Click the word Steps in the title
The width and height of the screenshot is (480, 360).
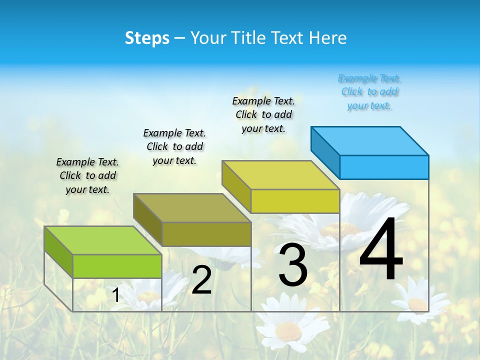tap(147, 38)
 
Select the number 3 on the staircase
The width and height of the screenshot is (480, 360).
tap(293, 265)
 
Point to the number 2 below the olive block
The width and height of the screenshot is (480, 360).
tap(201, 280)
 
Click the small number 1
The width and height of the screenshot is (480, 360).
tap(116, 295)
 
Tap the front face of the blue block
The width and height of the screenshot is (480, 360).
tap(384, 167)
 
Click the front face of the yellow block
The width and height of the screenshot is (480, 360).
tap(295, 201)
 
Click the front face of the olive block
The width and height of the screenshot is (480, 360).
tap(206, 234)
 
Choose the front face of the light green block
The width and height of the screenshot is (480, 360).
tap(117, 266)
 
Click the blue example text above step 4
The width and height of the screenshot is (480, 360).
tap(369, 92)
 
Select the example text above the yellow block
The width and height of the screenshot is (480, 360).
tap(263, 114)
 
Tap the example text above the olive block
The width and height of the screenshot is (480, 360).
tap(174, 146)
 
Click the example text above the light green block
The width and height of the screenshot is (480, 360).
tap(87, 175)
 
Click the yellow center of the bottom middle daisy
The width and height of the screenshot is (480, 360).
tap(288, 330)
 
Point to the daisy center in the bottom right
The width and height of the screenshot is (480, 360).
tap(417, 304)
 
